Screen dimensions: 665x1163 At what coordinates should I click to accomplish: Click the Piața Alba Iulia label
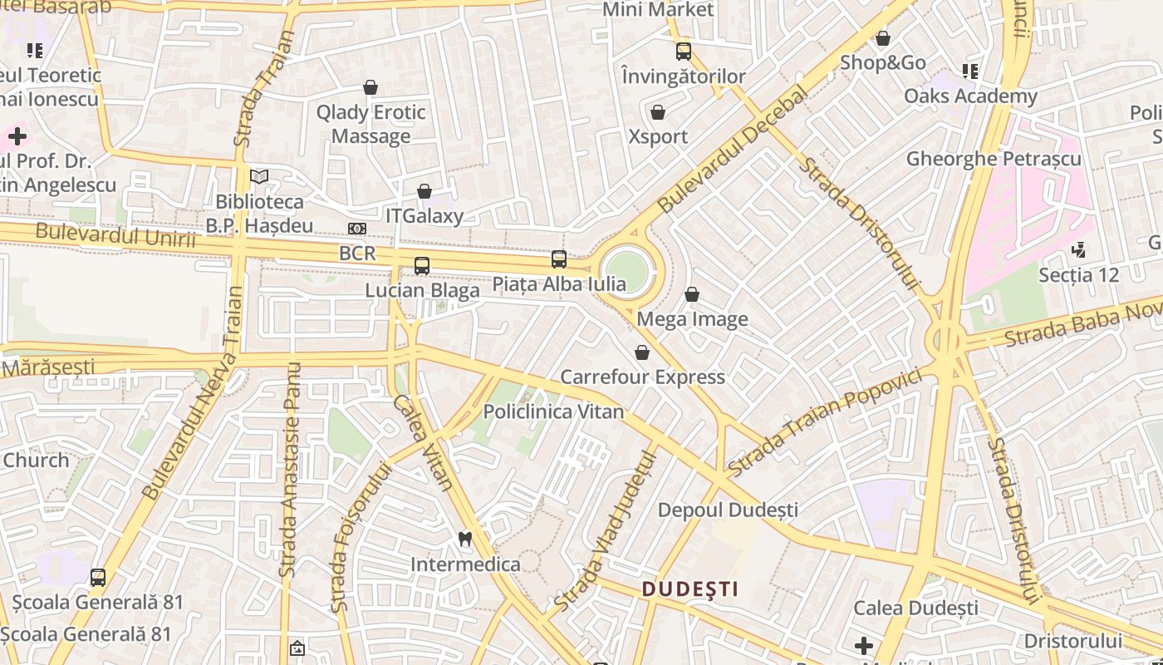[x=559, y=284]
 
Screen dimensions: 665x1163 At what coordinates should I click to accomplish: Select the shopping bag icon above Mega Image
[x=692, y=294]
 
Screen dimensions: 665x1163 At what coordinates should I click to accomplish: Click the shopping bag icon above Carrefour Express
[x=642, y=352]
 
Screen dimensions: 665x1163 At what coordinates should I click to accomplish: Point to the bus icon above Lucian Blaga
[x=422, y=266]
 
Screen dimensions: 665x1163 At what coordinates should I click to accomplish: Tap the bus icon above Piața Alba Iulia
[x=559, y=259]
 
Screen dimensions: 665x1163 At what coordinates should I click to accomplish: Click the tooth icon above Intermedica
[x=465, y=539]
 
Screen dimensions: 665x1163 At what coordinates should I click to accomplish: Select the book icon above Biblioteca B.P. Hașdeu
[x=259, y=176]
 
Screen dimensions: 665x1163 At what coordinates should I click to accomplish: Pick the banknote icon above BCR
[x=357, y=229]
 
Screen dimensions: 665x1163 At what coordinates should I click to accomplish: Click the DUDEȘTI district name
[x=690, y=589]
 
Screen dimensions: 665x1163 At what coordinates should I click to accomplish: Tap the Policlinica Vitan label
[x=553, y=411]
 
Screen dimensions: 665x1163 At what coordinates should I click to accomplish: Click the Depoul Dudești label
[x=728, y=510]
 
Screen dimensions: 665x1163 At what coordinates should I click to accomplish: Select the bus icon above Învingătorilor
[x=683, y=52]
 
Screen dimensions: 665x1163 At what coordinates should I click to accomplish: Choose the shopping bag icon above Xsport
[x=658, y=112]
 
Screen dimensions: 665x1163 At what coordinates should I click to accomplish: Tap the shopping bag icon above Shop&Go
[x=882, y=38]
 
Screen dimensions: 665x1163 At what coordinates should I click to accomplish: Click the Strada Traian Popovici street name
[x=825, y=421]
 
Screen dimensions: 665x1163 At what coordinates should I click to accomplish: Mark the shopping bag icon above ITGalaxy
[x=424, y=191]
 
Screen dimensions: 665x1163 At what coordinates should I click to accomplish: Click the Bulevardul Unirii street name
[x=115, y=237]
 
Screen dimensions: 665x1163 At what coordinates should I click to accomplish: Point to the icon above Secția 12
[x=1078, y=249]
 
